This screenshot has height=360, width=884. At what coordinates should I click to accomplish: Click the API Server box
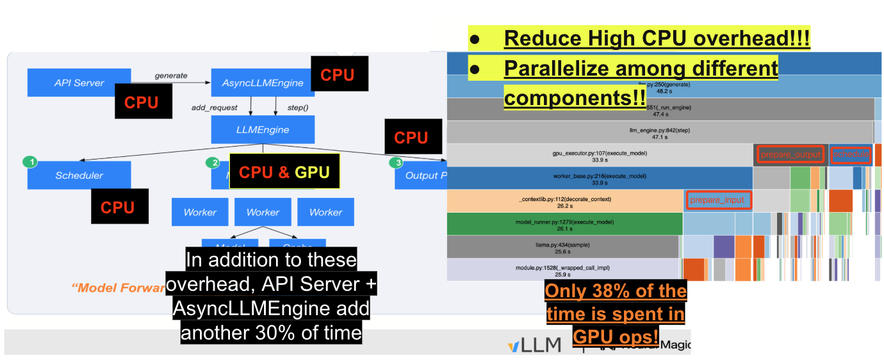(x=79, y=83)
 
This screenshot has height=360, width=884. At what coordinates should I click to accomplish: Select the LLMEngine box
(x=263, y=129)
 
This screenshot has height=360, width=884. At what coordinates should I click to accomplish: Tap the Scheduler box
(x=79, y=175)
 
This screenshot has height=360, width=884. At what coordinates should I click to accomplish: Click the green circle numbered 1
(x=29, y=162)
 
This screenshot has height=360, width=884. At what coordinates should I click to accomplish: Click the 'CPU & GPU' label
(x=284, y=172)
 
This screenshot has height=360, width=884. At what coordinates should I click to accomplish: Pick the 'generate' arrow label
(x=171, y=76)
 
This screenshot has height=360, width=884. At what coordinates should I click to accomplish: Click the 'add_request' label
(x=214, y=107)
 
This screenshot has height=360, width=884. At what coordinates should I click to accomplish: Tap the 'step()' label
(x=297, y=107)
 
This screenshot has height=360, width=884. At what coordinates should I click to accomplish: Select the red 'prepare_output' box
(x=790, y=154)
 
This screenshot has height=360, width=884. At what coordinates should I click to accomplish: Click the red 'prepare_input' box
(x=718, y=200)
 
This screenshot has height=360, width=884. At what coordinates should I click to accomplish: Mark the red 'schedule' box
(x=851, y=154)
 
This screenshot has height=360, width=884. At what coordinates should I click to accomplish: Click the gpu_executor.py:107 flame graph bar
(x=599, y=156)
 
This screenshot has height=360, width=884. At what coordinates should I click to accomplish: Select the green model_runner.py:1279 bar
(x=564, y=224)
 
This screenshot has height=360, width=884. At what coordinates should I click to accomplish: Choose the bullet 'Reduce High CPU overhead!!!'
(x=657, y=38)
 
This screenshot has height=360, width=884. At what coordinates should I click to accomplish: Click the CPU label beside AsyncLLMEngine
(x=337, y=75)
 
